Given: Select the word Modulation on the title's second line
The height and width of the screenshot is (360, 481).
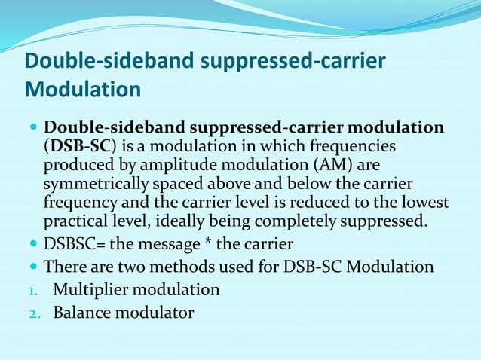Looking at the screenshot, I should coord(83,90).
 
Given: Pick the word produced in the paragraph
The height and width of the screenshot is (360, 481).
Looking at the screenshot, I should coord(75,164).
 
